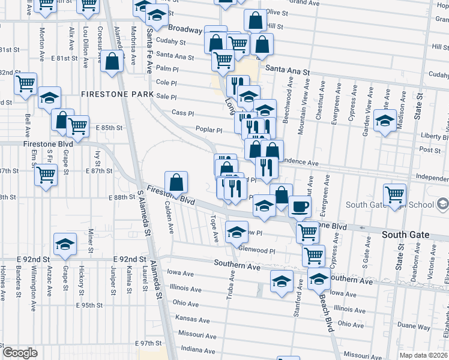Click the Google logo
[x=20, y=353]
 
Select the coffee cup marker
[x=300, y=206]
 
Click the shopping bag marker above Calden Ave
[x=176, y=181]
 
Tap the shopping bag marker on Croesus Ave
[x=112, y=61]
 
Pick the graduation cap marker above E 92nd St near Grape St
[x=65, y=244]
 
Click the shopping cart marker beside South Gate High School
[x=394, y=194]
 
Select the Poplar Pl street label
[x=209, y=130]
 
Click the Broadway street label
[x=185, y=29]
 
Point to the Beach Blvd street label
[x=326, y=319]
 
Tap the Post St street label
[x=430, y=149]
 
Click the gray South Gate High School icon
[x=442, y=205]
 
